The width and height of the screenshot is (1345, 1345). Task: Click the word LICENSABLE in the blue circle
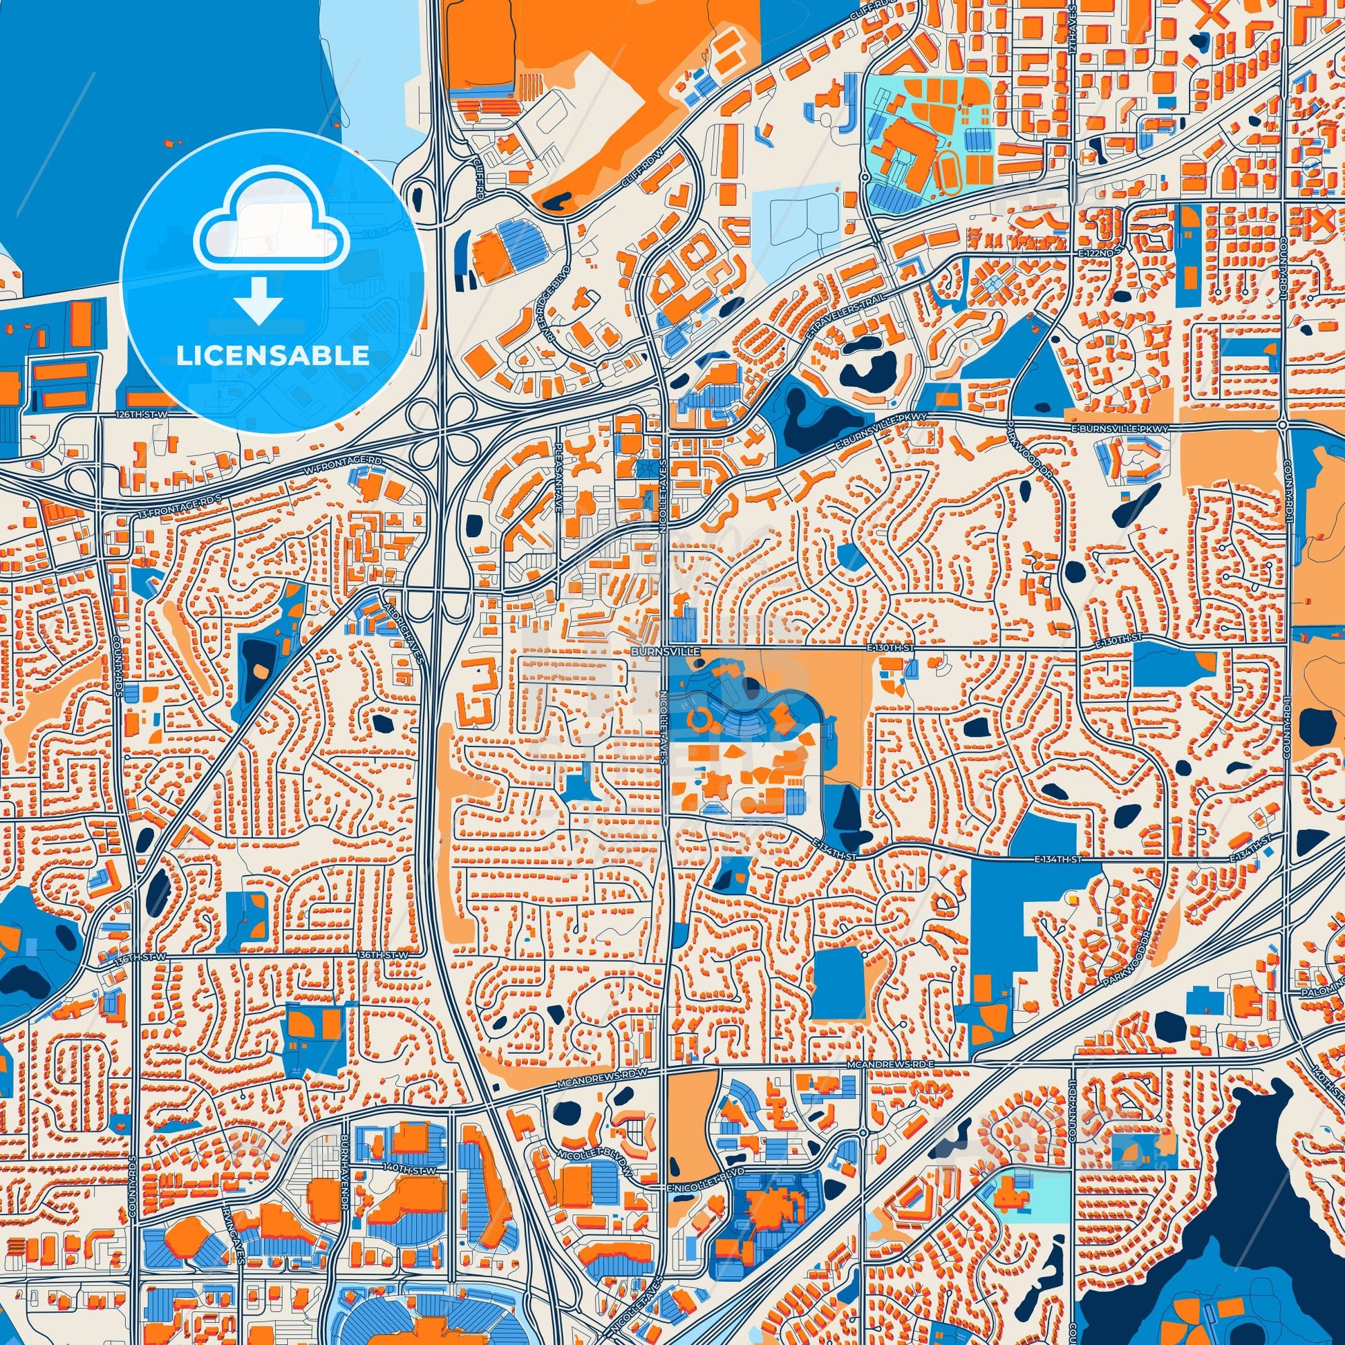272,356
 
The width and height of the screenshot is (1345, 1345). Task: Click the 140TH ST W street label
408,1171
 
